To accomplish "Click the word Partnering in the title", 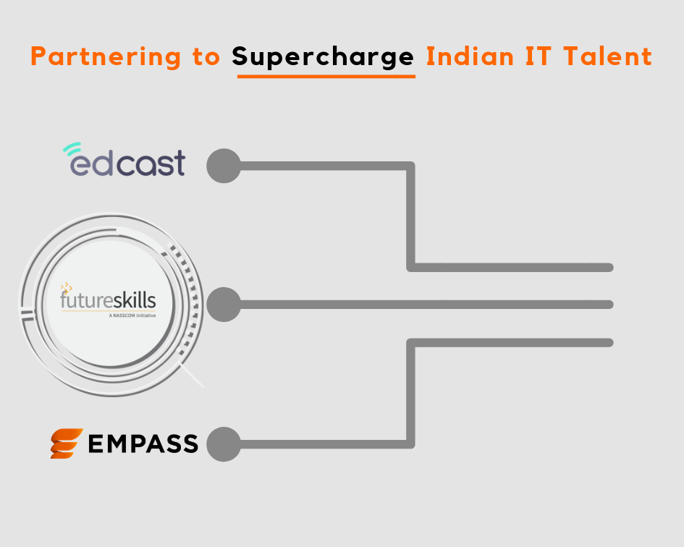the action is pyautogui.click(x=106, y=57).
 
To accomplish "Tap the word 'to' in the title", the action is pyautogui.click(x=206, y=57).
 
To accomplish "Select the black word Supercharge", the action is pyautogui.click(x=323, y=57).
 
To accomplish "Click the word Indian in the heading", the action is pyautogui.click(x=470, y=56).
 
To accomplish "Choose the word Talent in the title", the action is pyautogui.click(x=608, y=56).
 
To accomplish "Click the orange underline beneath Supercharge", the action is pyautogui.click(x=326, y=77).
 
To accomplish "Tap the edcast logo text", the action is pyautogui.click(x=128, y=163).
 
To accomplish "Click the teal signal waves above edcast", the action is pyautogui.click(x=72, y=148).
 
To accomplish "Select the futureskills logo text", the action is pyautogui.click(x=108, y=300).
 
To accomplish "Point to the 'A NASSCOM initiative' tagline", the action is pyautogui.click(x=132, y=315).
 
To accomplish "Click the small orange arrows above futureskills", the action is pyautogui.click(x=67, y=287).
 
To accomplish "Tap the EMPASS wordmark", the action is pyautogui.click(x=143, y=444).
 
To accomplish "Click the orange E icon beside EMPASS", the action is pyautogui.click(x=67, y=444).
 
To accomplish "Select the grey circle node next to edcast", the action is pyautogui.click(x=224, y=166).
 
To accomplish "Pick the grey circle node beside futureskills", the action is pyautogui.click(x=224, y=305).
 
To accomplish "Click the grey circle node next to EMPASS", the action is pyautogui.click(x=224, y=444).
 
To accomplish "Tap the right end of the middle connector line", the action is pyautogui.click(x=610, y=305).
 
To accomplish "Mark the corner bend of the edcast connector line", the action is pyautogui.click(x=410, y=166).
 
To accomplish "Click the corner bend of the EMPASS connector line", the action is pyautogui.click(x=410, y=444).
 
